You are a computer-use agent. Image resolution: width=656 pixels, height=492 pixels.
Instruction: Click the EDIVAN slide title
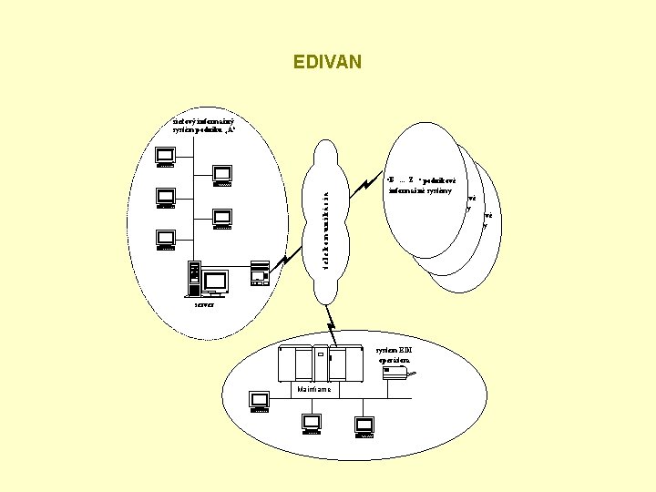click(328, 62)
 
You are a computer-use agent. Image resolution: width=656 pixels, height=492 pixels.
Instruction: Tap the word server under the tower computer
click(203, 304)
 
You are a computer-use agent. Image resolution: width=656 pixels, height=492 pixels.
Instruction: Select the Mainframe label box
click(315, 389)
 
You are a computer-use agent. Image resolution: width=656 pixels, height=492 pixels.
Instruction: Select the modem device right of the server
click(258, 273)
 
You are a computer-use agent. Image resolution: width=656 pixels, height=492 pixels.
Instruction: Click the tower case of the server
click(193, 278)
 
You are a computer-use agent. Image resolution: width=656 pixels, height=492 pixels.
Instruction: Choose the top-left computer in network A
click(165, 158)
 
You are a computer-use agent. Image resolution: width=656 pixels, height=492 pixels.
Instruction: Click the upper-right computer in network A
click(221, 175)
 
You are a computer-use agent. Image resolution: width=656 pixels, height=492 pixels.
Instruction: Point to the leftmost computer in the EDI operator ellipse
click(260, 402)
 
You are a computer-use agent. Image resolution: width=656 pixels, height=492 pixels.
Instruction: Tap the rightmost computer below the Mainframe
click(364, 426)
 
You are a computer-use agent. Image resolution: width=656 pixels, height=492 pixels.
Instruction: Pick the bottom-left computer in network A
click(165, 238)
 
